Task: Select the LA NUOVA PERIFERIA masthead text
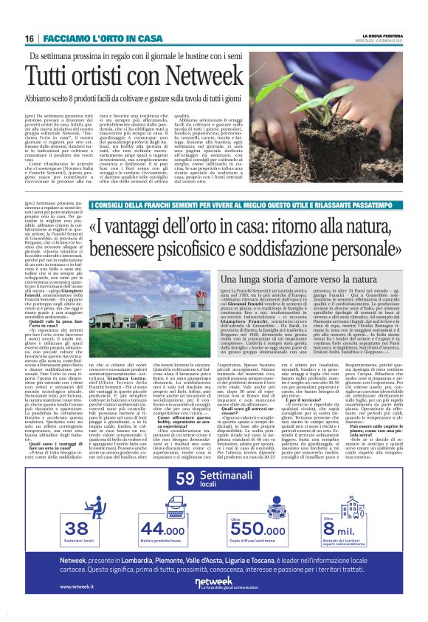point(376,35)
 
